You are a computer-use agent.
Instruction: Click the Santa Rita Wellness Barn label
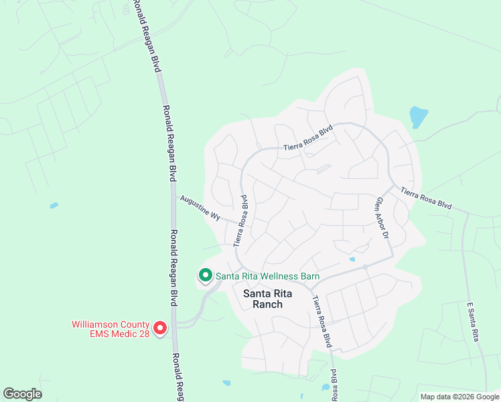coord(267,275)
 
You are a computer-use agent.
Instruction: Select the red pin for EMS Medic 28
coord(160,328)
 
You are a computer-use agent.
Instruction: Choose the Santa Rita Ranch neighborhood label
coord(263,298)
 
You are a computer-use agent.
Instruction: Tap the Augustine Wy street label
coord(198,208)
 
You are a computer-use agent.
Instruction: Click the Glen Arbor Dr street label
coord(382,218)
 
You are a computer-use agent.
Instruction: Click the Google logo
coord(22,394)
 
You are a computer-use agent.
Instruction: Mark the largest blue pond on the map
coord(418,117)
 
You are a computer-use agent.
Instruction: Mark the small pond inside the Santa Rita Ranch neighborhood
coord(352,259)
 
